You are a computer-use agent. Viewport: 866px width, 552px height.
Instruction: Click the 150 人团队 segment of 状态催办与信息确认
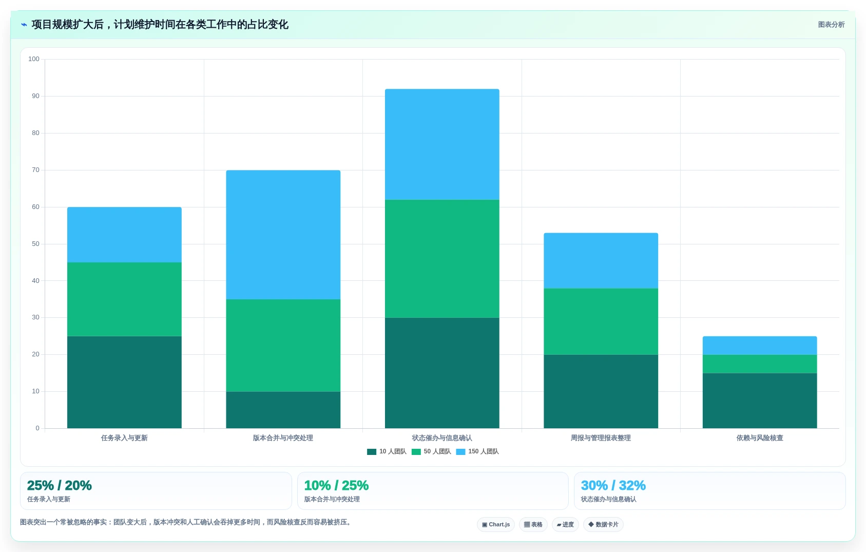click(x=442, y=144)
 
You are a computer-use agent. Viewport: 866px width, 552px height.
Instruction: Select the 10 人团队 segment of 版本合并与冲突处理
click(x=283, y=410)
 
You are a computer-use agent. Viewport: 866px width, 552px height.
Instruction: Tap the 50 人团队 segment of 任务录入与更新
click(x=124, y=299)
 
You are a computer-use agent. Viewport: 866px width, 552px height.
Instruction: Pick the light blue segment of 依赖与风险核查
click(x=760, y=346)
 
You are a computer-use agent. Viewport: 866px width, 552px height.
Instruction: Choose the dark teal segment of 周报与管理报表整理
click(x=601, y=391)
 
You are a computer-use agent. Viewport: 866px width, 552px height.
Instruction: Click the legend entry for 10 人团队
click(x=387, y=451)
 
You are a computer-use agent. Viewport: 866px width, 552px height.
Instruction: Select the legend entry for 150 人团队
click(x=477, y=451)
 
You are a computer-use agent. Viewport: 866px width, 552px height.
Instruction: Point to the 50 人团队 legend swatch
click(x=416, y=452)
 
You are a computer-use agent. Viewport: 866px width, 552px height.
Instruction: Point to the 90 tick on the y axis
click(x=35, y=96)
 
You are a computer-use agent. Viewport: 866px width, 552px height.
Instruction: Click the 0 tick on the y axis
click(x=37, y=428)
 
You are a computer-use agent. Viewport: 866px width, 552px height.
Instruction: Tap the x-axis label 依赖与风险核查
click(x=760, y=438)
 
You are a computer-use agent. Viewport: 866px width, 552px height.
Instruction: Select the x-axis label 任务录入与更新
click(x=124, y=438)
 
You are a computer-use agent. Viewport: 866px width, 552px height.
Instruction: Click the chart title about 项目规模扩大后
click(x=160, y=25)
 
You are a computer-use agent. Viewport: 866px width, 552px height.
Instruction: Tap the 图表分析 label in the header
click(x=831, y=25)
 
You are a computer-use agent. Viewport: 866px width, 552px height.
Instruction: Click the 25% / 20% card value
click(x=59, y=485)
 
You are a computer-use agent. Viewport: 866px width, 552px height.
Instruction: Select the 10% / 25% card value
click(x=336, y=485)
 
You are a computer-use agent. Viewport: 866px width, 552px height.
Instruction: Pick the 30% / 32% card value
click(x=613, y=485)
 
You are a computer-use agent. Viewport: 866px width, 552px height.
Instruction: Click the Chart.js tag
click(x=496, y=525)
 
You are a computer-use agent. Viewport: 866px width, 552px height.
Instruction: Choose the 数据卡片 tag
click(x=603, y=525)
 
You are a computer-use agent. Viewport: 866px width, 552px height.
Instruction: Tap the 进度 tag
click(x=565, y=525)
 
